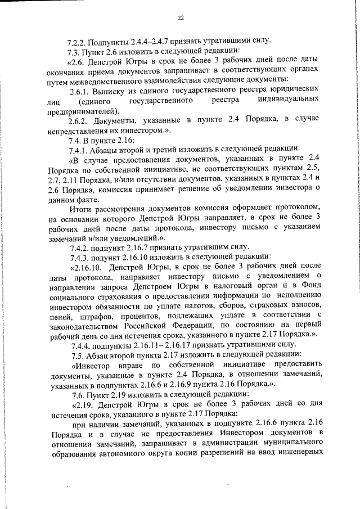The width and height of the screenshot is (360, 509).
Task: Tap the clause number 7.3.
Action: pos(74,51)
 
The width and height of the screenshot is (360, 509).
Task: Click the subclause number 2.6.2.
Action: pos(78,121)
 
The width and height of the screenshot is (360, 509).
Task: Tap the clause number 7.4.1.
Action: pos(78,150)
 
